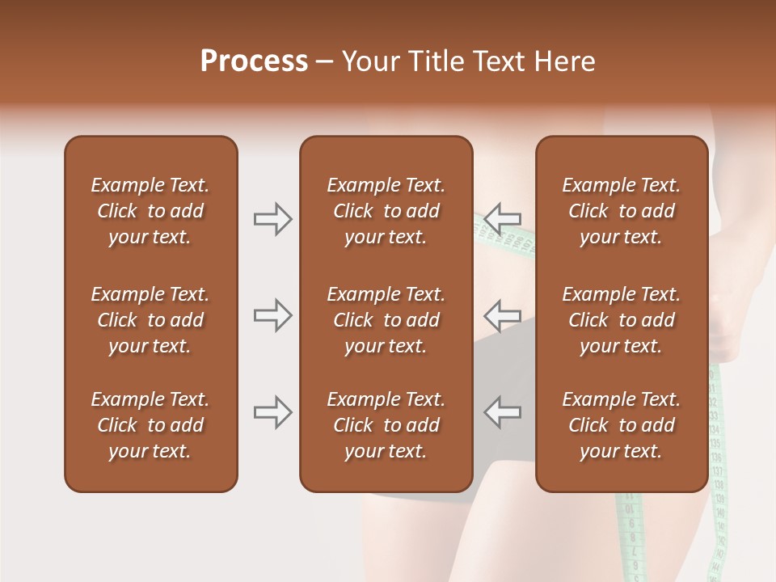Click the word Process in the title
click(254, 61)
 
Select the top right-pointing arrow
click(272, 218)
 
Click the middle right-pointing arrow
click(272, 314)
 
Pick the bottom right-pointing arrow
click(272, 412)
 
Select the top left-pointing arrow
click(503, 218)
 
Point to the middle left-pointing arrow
click(503, 314)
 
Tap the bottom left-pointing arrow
click(503, 412)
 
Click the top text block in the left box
click(150, 211)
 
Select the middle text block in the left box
click(150, 320)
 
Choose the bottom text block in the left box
click(150, 425)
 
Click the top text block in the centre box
click(386, 211)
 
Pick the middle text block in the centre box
click(386, 320)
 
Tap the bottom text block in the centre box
click(386, 425)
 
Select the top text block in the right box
click(622, 211)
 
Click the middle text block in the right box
click(622, 320)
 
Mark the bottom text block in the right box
click(622, 425)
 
